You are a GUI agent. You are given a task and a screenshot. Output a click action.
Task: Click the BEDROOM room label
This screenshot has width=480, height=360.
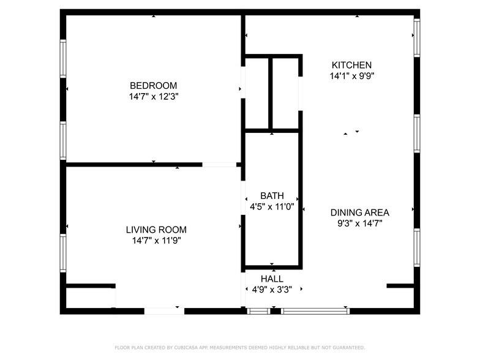(153, 85)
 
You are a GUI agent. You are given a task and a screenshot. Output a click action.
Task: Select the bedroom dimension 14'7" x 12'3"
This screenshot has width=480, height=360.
(153, 96)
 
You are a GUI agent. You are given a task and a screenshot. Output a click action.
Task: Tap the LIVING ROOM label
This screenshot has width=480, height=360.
(156, 230)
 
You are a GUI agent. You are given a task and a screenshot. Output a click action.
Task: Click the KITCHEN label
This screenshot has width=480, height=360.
(351, 65)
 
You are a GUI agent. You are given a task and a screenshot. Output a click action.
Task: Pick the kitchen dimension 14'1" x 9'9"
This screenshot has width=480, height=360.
(351, 76)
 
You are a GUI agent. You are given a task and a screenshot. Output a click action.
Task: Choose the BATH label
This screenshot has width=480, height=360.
(272, 196)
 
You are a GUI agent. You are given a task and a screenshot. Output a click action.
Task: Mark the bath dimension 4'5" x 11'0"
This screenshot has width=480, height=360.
(272, 207)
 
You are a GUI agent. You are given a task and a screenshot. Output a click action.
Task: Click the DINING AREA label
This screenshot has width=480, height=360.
(359, 212)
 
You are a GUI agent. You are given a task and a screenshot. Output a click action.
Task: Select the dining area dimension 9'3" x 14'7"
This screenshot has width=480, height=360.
(359, 223)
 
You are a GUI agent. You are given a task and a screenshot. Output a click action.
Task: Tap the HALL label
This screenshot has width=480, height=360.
(272, 279)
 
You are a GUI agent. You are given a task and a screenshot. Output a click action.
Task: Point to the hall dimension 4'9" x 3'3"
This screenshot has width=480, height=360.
(272, 290)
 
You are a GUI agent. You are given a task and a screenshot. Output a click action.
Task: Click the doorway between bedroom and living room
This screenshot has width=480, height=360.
(219, 164)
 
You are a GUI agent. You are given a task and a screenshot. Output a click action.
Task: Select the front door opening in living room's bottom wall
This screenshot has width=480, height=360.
(164, 311)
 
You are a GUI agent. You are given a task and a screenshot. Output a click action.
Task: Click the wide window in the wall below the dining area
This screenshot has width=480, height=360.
(315, 311)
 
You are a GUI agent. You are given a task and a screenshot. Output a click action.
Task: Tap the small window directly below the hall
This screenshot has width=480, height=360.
(258, 311)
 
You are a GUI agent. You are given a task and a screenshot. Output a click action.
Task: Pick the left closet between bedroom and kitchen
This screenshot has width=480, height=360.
(257, 93)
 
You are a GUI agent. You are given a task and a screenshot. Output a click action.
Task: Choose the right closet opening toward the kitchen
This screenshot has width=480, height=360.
(285, 93)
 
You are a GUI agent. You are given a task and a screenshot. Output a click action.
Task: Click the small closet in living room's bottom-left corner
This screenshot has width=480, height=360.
(89, 298)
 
